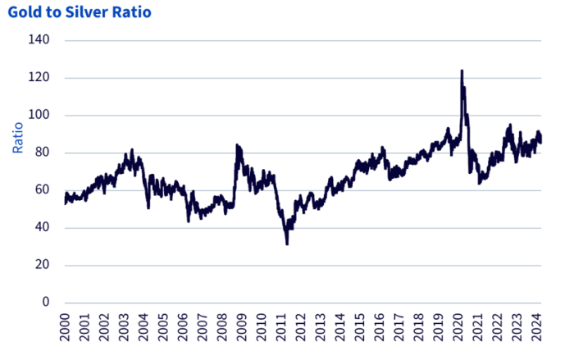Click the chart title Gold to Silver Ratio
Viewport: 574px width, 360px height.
[79, 13]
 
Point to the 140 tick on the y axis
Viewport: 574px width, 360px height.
[39, 40]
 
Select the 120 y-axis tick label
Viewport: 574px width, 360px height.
[39, 78]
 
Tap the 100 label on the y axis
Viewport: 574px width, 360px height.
[39, 116]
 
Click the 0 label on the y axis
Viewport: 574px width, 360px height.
[45, 303]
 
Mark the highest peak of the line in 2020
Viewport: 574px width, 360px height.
[462, 71]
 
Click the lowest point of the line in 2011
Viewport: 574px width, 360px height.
[287, 244]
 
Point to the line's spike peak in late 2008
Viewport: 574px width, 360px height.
[236, 145]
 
